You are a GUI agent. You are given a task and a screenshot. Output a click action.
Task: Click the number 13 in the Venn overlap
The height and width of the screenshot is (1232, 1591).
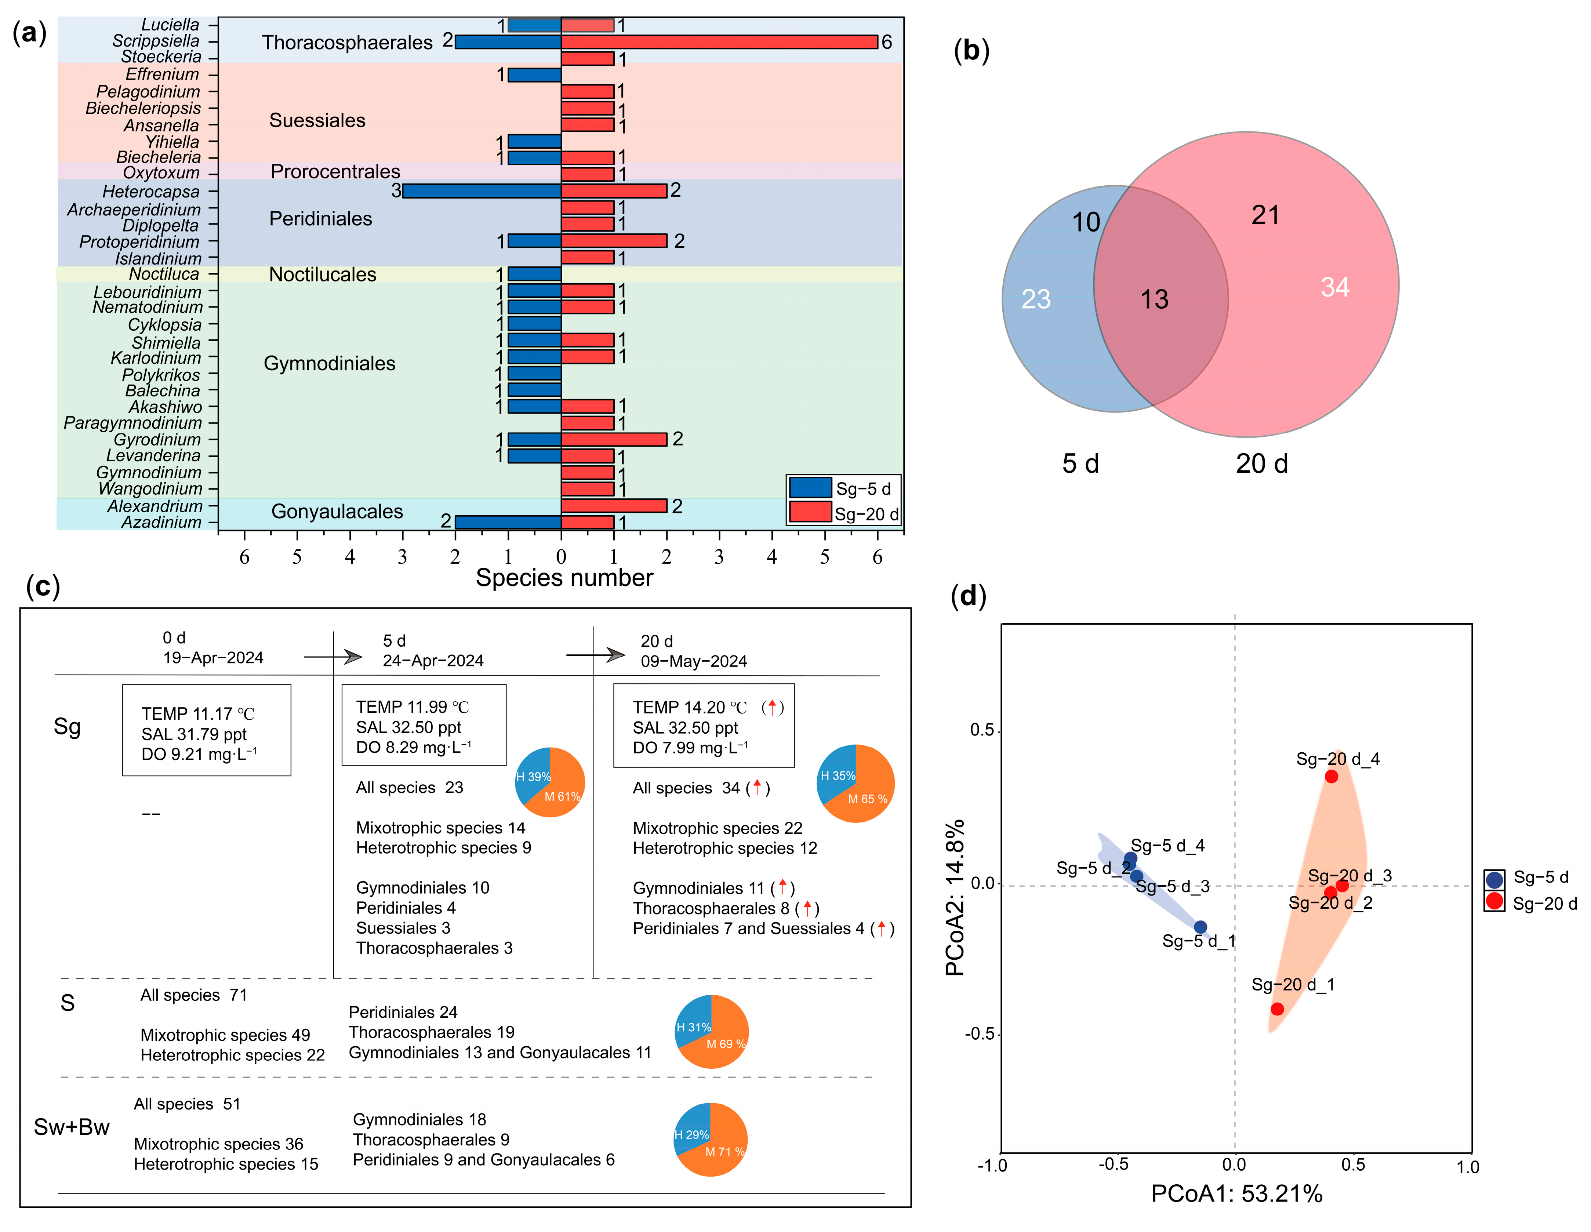pos(1154,299)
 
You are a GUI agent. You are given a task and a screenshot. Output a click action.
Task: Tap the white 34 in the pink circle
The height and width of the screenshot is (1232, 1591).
pos(1334,287)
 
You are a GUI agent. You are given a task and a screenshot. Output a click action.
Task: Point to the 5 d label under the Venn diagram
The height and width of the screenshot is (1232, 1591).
pos(1080,464)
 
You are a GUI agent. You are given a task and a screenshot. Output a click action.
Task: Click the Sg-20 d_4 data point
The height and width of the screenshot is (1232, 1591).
pos(1331,777)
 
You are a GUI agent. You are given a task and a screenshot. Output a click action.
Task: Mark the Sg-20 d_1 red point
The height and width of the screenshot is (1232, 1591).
pos(1277,1009)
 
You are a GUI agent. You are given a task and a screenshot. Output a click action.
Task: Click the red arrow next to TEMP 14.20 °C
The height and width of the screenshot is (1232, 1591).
pos(772,707)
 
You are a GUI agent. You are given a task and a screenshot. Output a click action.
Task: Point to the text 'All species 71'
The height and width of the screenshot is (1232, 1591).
pos(194,995)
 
